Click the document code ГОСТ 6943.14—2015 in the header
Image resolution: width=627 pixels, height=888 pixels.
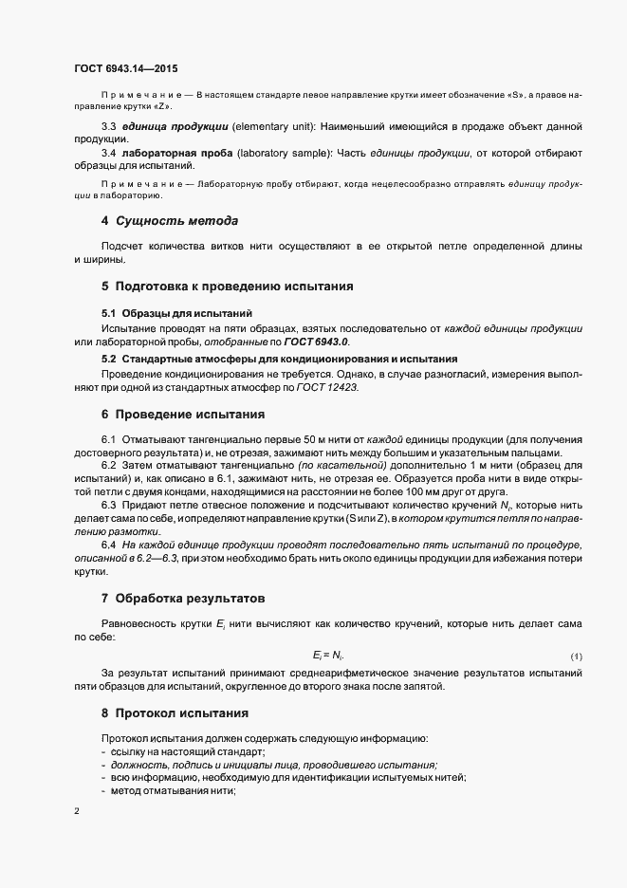tap(125, 69)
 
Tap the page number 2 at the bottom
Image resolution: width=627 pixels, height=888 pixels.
tap(77, 812)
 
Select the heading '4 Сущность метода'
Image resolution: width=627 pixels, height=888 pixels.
tap(170, 222)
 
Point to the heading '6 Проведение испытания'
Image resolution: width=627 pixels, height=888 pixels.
tap(182, 414)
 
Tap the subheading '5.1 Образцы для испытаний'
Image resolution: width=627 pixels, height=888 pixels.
tap(176, 312)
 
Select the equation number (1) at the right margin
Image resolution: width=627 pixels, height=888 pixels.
tap(576, 657)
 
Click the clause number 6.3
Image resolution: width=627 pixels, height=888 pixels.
tap(108, 506)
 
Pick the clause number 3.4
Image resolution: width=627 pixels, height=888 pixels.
tap(108, 153)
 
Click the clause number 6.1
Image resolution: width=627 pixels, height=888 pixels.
tap(108, 440)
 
